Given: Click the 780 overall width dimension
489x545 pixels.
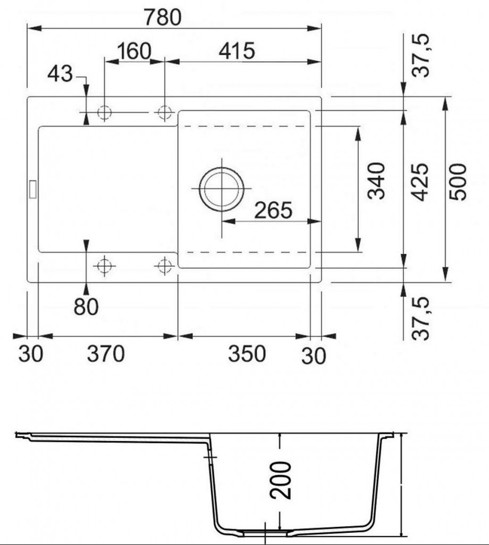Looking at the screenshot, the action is click(163, 17).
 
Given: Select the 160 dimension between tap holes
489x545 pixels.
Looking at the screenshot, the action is click(134, 51).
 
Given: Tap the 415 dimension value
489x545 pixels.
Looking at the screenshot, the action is click(237, 51).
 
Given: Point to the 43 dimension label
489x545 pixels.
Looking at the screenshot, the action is click(60, 74).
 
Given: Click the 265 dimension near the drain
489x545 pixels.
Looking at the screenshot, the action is click(274, 210).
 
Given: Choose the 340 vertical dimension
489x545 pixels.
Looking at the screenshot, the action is click(376, 181).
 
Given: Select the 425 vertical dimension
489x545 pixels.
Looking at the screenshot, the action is click(420, 182).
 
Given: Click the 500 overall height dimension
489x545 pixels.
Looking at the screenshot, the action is click(458, 182).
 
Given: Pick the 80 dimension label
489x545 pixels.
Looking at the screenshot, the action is click(86, 307).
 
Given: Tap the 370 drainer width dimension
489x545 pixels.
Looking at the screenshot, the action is click(105, 354).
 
